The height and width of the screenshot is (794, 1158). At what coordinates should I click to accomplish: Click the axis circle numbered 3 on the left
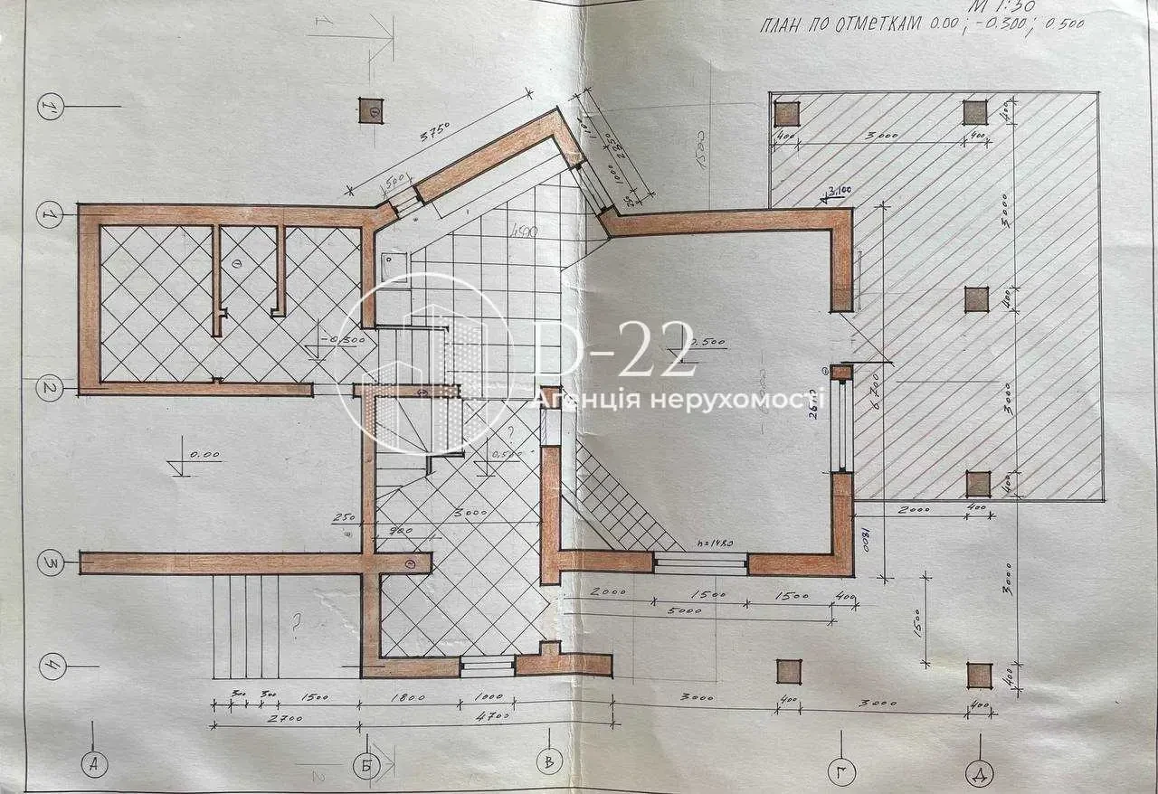click(x=51, y=562)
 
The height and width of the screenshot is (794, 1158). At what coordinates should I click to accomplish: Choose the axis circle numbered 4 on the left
click(x=51, y=668)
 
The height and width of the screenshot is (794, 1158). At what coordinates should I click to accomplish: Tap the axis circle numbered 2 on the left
click(x=51, y=389)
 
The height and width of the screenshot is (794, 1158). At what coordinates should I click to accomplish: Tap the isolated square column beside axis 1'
click(x=373, y=110)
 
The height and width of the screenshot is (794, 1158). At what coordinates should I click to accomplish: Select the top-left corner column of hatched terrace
click(x=787, y=112)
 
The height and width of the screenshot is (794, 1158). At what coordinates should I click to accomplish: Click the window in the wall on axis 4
click(x=488, y=666)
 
